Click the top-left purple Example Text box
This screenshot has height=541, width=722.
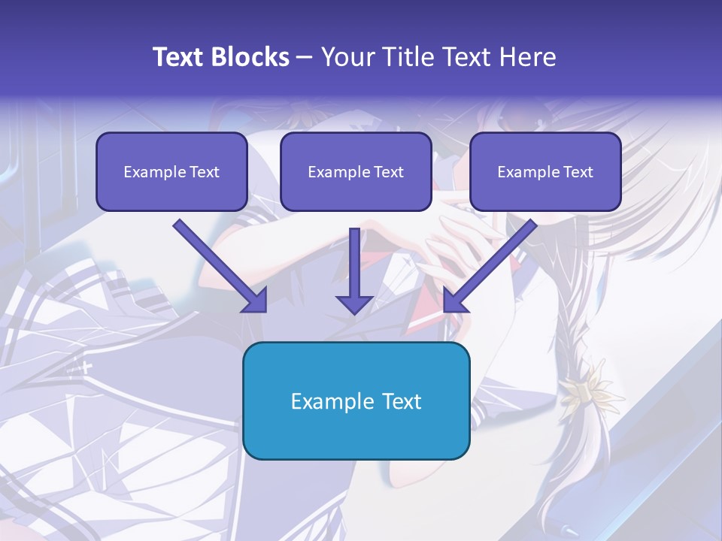point(171,171)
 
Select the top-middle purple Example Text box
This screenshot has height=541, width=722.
point(356,171)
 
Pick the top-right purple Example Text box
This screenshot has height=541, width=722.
point(545,171)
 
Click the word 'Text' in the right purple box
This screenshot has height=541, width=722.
point(578,172)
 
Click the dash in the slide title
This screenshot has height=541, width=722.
point(305,57)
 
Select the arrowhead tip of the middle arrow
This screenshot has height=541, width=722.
point(354,313)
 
